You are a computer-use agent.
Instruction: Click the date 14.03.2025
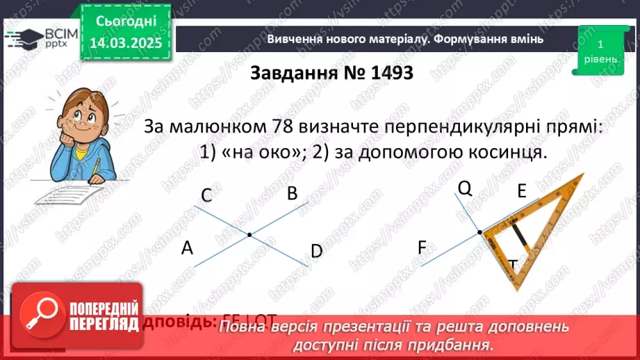pos(126,43)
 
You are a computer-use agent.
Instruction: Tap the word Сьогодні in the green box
pos(126,22)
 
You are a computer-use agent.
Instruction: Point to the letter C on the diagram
pos(206,196)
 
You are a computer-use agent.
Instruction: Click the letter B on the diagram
pos(293,193)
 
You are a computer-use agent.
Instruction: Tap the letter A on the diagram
pos(186,247)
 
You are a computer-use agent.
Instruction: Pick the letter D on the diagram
pos(317,251)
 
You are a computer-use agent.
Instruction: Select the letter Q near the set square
pos(465,188)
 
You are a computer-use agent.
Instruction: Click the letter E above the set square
pos(523,192)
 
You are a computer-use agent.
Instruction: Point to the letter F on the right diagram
pos(422,247)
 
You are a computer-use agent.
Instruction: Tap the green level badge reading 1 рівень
pos(599,51)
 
